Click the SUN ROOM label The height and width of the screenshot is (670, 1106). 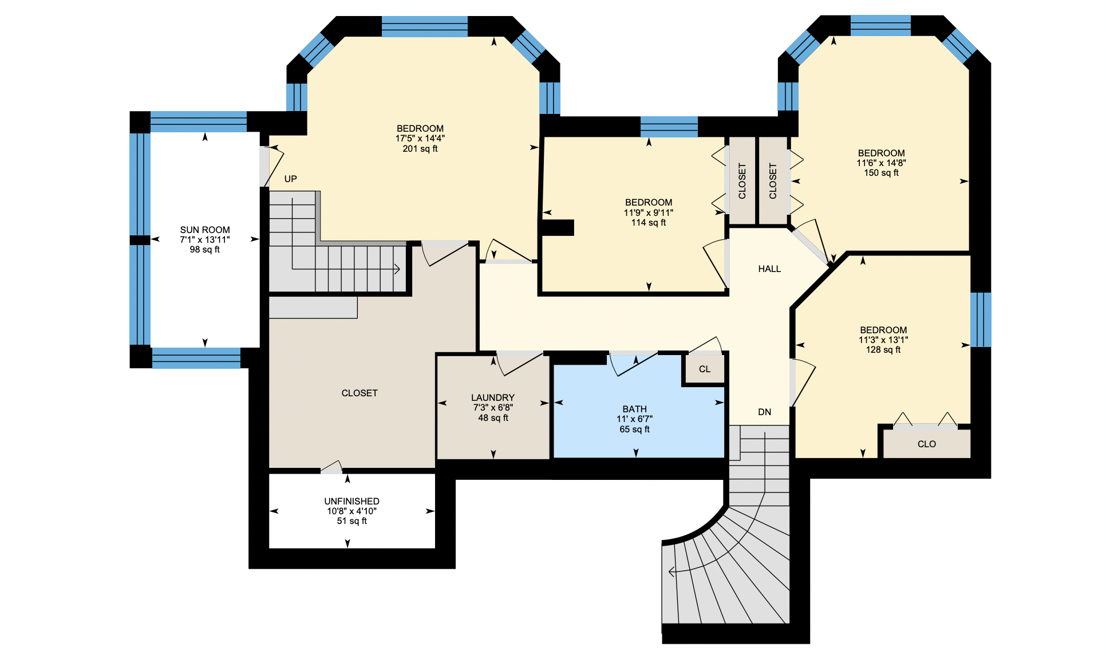coord(205,230)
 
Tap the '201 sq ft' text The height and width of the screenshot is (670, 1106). coord(420,149)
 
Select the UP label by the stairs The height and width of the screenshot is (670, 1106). coord(290,179)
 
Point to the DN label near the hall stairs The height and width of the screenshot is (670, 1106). coord(764,412)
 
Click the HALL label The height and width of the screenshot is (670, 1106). coord(769,269)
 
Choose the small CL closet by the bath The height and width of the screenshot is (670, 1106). coord(705,369)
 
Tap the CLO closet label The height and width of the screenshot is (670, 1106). coord(926,444)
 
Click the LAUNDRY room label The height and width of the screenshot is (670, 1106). coord(492,397)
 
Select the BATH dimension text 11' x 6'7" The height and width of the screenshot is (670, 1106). coord(634,419)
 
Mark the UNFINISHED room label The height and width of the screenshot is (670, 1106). coord(351,501)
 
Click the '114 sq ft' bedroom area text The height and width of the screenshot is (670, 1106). coord(648,223)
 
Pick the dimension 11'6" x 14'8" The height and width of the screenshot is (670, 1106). coord(881,163)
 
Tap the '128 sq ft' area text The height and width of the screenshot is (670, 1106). coord(883,350)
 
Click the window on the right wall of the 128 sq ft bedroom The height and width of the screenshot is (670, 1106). coord(980,320)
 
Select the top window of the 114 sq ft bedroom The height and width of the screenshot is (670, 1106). coord(669,126)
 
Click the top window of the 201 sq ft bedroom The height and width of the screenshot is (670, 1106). coord(424,26)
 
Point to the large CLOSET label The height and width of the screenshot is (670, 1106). coord(360,393)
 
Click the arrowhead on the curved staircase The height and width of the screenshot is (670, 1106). coord(671,571)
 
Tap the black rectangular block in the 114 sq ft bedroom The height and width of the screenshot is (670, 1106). coord(557,227)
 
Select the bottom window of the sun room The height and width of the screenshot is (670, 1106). coord(196,358)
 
